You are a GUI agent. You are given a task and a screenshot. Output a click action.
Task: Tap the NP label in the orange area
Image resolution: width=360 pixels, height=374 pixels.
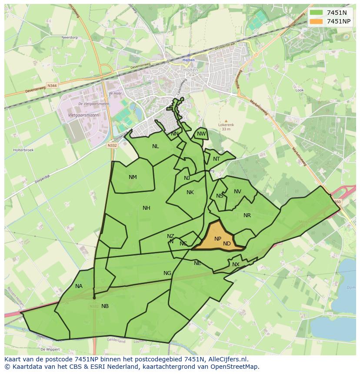click(x=218, y=239)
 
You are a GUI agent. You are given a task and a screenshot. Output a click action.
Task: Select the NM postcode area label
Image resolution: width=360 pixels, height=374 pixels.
click(x=133, y=177)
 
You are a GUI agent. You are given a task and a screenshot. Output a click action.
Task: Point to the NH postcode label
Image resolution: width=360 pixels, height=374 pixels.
click(x=147, y=208)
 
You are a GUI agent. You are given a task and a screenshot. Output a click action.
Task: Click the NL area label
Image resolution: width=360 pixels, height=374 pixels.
click(x=155, y=146)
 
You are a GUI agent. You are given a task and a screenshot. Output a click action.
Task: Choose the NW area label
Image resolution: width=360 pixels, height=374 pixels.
click(x=201, y=134)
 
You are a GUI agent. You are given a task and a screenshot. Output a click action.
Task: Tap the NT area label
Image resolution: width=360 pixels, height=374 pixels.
click(x=217, y=159)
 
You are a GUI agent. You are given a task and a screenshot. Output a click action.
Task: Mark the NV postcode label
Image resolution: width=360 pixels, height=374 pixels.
click(x=237, y=192)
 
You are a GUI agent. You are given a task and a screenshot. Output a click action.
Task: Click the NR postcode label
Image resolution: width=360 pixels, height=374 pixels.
click(x=247, y=215)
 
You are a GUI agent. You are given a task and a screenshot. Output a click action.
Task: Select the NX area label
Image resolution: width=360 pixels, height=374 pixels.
click(x=236, y=265)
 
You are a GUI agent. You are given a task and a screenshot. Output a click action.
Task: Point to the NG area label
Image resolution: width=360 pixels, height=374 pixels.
click(x=167, y=273)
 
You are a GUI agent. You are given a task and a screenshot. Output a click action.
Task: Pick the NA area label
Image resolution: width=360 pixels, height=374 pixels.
click(x=79, y=286)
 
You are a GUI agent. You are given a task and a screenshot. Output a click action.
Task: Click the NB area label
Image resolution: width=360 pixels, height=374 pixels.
click(x=105, y=306)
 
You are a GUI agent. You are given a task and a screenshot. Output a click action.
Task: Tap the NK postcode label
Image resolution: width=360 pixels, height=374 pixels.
click(x=190, y=192)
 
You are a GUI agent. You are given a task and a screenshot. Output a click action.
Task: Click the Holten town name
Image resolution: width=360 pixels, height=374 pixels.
click(x=188, y=60)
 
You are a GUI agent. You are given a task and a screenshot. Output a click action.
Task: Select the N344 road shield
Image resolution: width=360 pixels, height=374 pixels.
click(x=52, y=86)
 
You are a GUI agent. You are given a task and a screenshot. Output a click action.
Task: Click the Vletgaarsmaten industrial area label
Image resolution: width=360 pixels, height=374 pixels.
click(x=83, y=115)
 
